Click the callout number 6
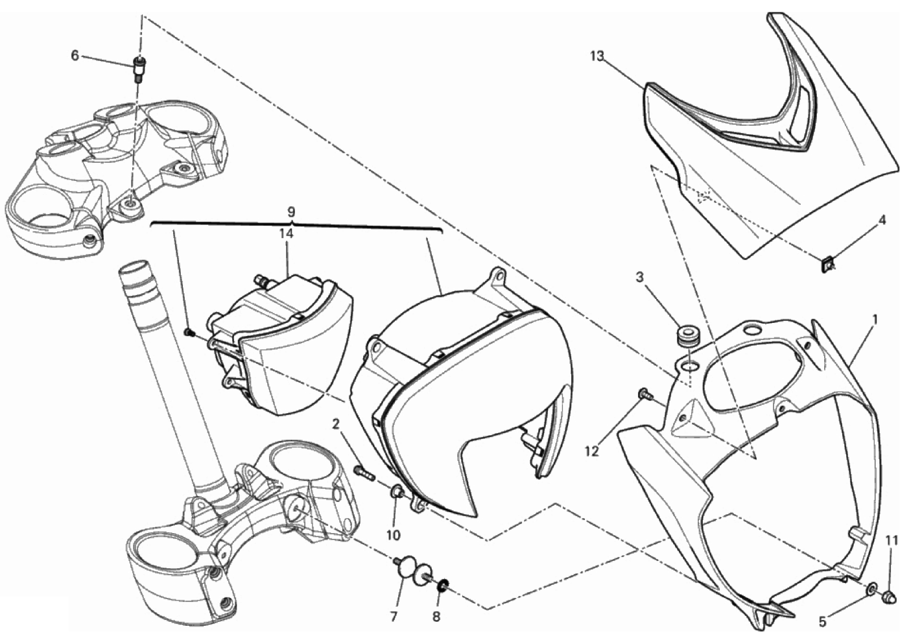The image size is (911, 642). tap(75, 55)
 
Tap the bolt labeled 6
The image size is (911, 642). tap(139, 70)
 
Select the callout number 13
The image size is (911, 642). tap(597, 56)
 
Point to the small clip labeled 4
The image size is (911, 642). tap(827, 266)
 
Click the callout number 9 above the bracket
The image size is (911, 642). tap(291, 212)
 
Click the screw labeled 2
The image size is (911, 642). tap(362, 472)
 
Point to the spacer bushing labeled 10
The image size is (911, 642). tap(397, 493)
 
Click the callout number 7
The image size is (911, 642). tap(394, 617)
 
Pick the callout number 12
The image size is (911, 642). tap(592, 451)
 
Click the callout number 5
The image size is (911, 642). tap(822, 623)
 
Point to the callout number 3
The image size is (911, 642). tap(640, 278)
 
